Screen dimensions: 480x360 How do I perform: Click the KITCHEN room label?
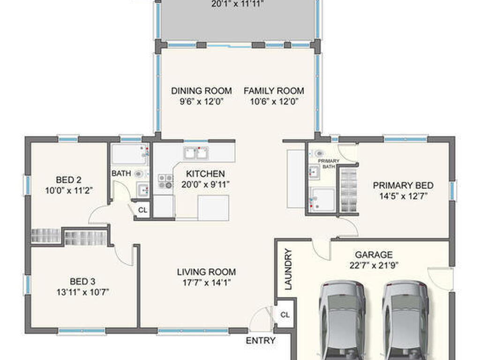[205, 174]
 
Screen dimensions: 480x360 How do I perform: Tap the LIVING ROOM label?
[206, 272]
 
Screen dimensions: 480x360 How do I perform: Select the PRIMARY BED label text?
[403, 186]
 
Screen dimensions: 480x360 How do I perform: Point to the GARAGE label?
[374, 255]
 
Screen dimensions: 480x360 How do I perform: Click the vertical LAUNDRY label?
[288, 269]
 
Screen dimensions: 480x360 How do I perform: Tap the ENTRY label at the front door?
[261, 340]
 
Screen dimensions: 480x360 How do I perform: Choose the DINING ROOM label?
[202, 91]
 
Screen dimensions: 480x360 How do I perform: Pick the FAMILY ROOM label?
[274, 91]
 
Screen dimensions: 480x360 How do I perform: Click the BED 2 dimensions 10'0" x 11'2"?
[69, 191]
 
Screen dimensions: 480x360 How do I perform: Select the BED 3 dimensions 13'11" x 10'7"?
[82, 292]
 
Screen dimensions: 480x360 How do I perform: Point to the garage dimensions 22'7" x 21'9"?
[374, 265]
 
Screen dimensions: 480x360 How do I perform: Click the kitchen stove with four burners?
[165, 181]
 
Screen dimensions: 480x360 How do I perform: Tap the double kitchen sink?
[196, 153]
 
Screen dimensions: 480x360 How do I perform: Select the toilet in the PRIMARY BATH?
[318, 153]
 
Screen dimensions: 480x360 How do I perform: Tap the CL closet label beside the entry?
[285, 315]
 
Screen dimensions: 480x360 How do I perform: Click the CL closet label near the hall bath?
[142, 210]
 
